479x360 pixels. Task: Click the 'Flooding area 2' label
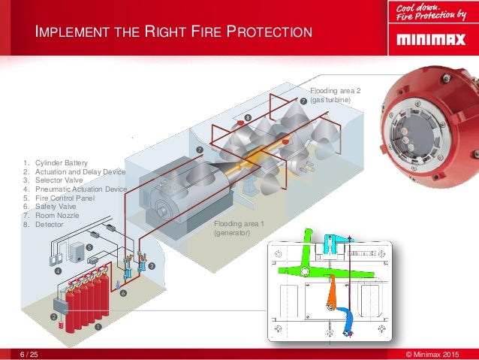click(336, 91)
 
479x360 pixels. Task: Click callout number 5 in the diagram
click(89, 247)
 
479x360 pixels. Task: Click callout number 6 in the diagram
click(124, 292)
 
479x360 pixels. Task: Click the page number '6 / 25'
click(29, 353)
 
